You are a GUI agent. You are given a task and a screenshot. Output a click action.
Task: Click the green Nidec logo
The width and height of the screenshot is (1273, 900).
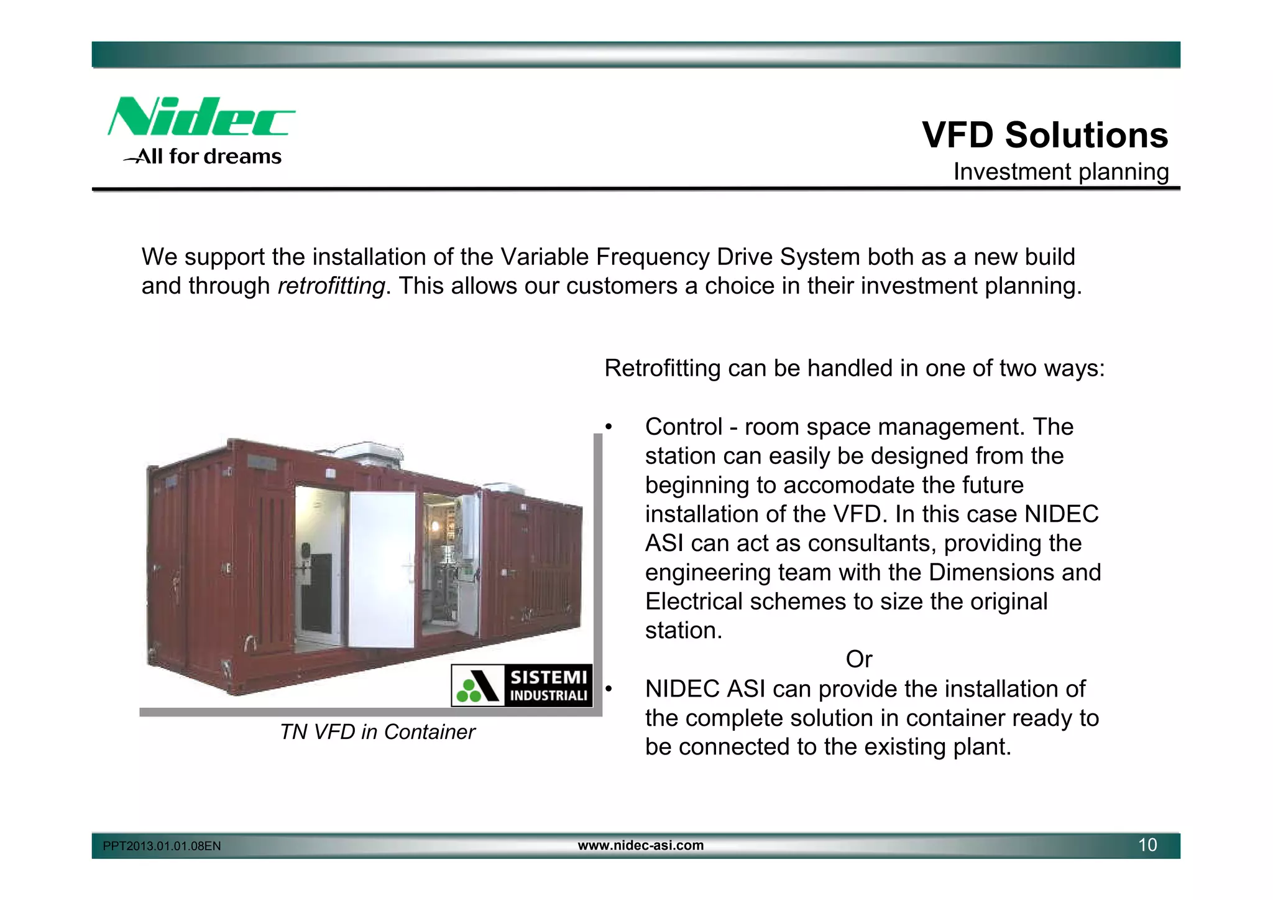[x=201, y=116]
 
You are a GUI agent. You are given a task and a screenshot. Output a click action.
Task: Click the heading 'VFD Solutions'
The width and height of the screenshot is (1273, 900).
[x=1044, y=135]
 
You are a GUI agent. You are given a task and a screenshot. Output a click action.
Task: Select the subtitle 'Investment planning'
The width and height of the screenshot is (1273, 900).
[x=1060, y=172]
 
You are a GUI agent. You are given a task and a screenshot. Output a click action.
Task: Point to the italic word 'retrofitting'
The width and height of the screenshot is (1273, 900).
[x=331, y=286]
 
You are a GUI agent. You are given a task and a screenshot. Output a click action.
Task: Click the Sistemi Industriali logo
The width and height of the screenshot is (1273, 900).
[x=522, y=685]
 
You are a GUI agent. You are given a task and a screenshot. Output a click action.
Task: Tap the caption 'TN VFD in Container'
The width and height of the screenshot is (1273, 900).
[x=377, y=732]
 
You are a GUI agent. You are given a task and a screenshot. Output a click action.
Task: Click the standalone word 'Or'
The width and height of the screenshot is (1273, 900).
[x=859, y=659]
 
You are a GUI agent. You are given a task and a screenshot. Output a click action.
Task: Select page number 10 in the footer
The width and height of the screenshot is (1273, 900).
[x=1147, y=845]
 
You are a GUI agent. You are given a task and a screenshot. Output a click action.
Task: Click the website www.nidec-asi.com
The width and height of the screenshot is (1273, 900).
[x=640, y=845]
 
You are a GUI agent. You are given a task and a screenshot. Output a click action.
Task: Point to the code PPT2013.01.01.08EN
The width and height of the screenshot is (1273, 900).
[x=162, y=846]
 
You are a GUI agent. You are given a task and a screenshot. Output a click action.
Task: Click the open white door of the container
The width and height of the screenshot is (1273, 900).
[x=381, y=569]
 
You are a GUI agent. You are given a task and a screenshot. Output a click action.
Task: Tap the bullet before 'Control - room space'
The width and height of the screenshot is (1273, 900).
[x=609, y=427]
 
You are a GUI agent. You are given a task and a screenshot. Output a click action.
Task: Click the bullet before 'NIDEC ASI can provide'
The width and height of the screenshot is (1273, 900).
[x=609, y=689]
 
